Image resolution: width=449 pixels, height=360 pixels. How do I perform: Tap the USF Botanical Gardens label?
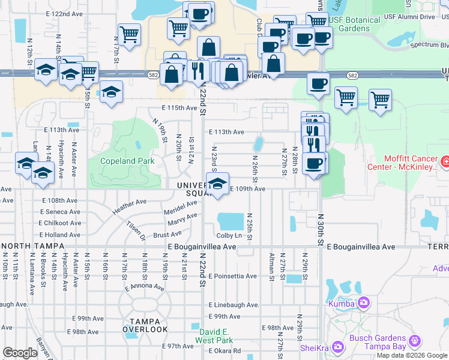click(x=354, y=24)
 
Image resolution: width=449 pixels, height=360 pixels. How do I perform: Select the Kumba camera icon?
click(x=363, y=303)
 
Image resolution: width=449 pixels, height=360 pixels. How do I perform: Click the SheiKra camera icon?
click(x=337, y=347)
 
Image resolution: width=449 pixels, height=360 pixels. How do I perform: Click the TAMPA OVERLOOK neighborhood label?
click(x=145, y=325)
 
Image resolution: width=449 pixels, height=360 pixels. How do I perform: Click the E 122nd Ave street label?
click(x=64, y=13)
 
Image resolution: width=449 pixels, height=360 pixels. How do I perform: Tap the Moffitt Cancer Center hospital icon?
click(x=445, y=161)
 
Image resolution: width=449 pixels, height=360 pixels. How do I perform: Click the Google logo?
click(x=20, y=353)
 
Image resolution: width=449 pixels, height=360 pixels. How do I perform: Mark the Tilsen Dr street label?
click(x=136, y=230)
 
